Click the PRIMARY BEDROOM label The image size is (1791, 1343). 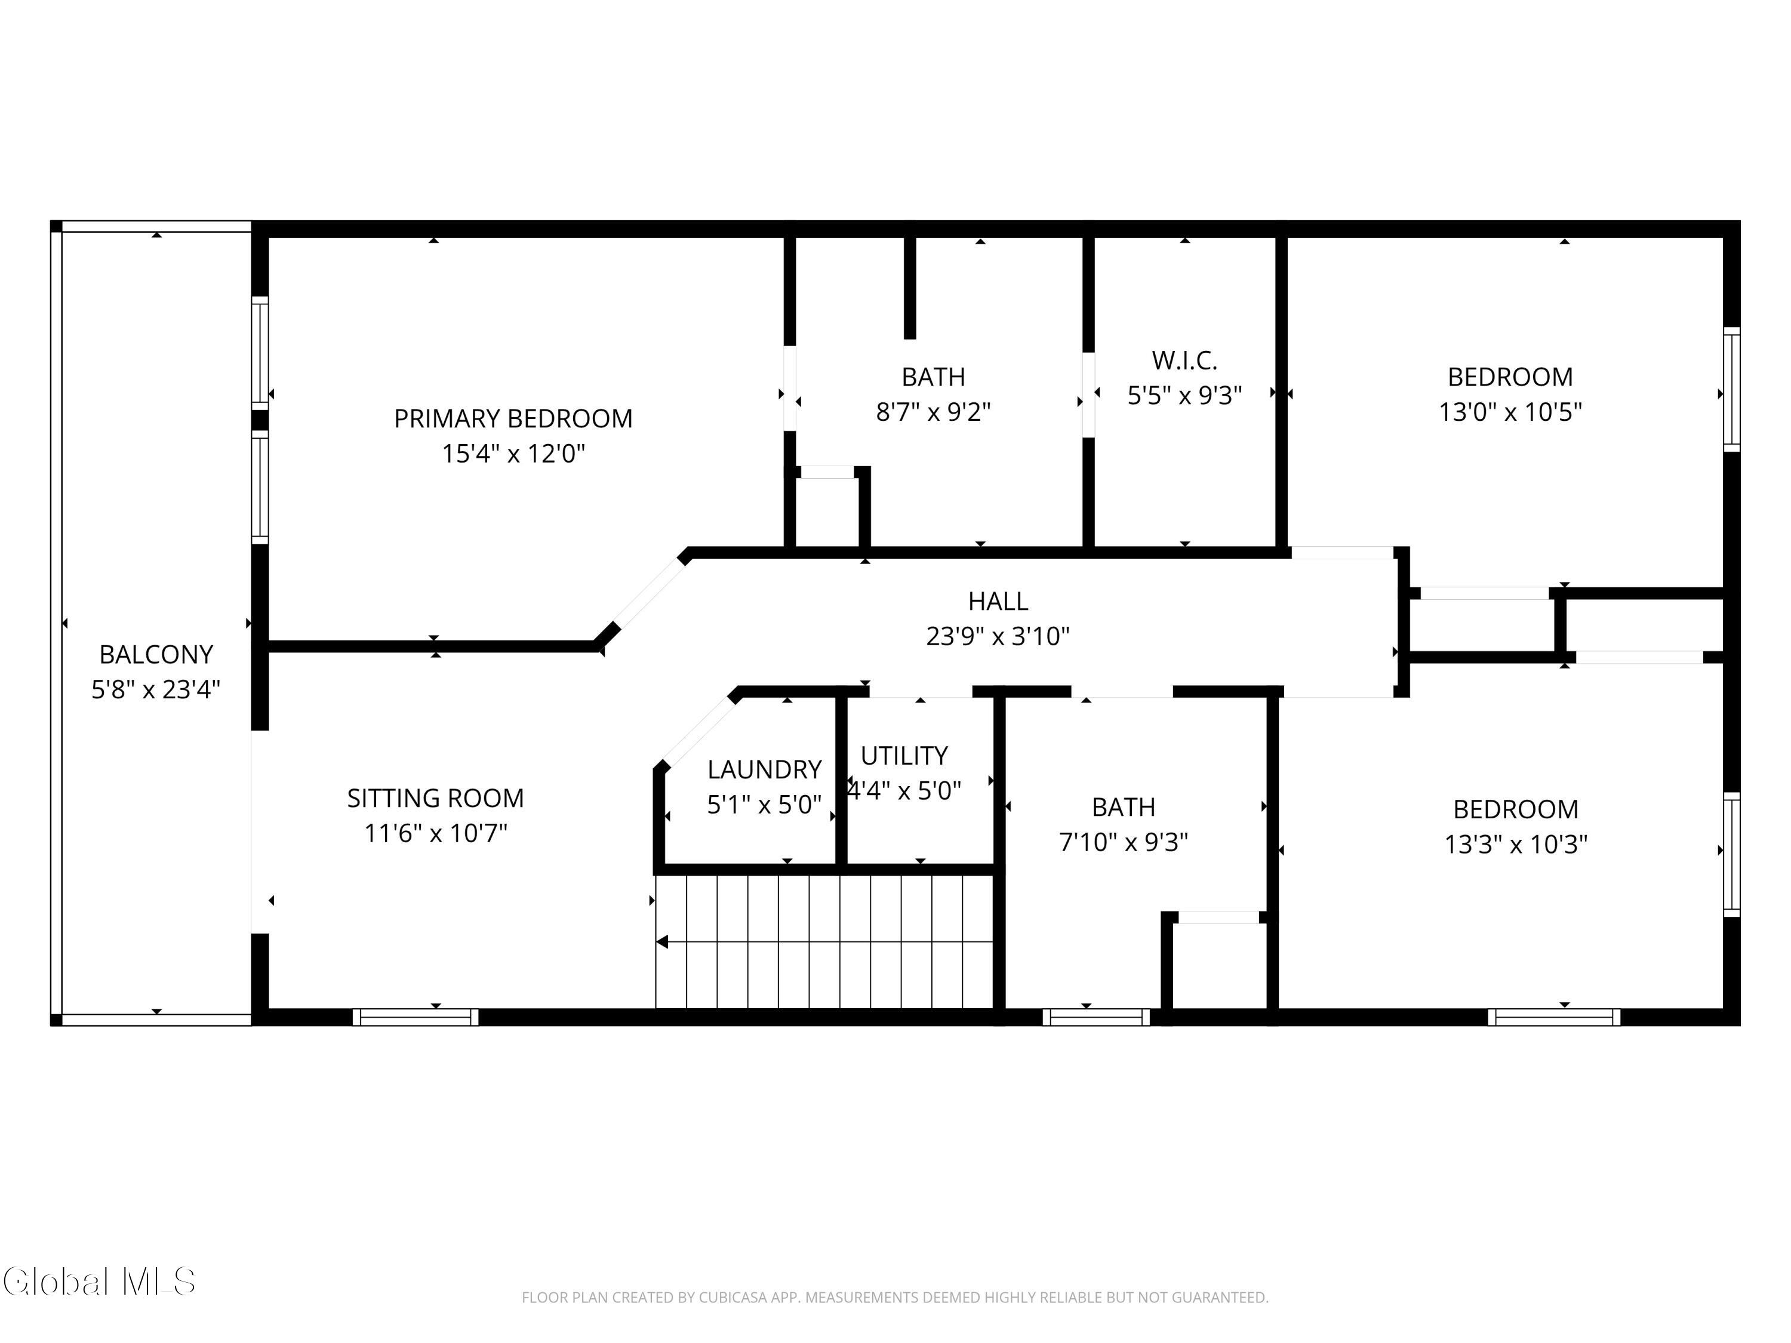[512, 418]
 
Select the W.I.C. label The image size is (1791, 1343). [1184, 361]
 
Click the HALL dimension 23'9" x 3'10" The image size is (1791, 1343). [998, 636]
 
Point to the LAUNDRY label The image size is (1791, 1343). [764, 769]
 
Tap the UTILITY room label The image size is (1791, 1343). [904, 755]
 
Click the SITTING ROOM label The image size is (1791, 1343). [436, 798]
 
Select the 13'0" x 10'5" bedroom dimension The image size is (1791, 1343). [1510, 412]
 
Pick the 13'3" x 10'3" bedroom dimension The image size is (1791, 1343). [1515, 845]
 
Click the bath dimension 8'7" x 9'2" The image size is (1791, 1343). [933, 412]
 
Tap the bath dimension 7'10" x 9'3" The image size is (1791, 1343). [1123, 842]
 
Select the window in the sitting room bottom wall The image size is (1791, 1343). [416, 1017]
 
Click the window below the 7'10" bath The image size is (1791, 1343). [1095, 1017]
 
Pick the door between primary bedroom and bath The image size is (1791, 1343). [789, 389]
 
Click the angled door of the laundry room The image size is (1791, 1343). [697, 730]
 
